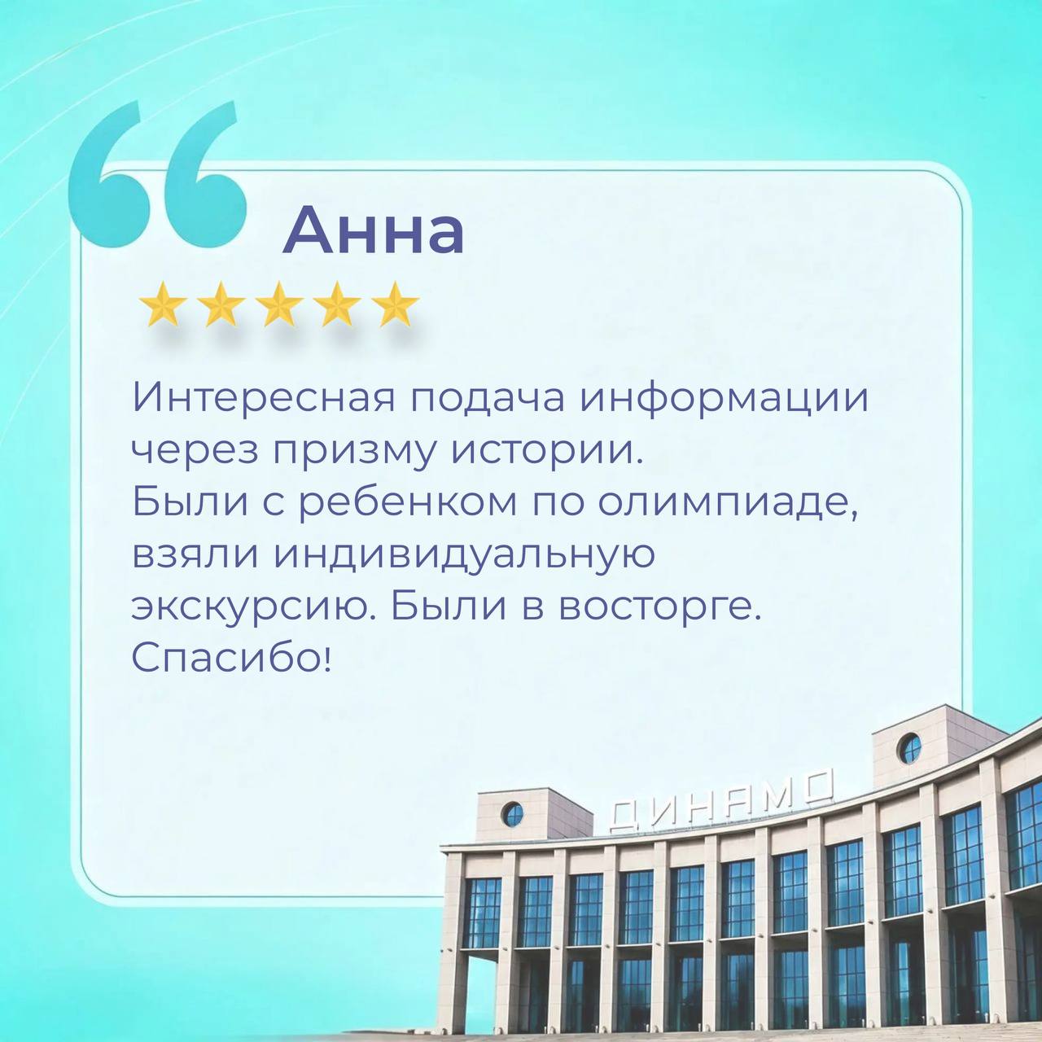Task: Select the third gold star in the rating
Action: [x=279, y=304]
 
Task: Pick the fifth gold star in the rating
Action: [x=396, y=304]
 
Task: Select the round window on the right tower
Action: [x=909, y=748]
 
